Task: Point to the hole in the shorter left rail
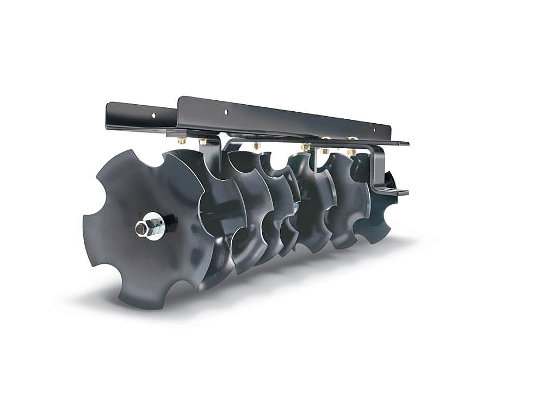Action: [x=154, y=116]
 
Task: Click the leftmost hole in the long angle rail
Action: [x=226, y=111]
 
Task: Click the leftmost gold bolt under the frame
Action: [x=181, y=141]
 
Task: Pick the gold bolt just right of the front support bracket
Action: [x=257, y=146]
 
